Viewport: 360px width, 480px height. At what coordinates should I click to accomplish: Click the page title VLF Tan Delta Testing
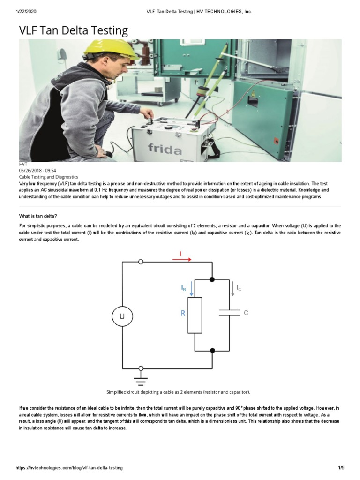pyautogui.click(x=73, y=31)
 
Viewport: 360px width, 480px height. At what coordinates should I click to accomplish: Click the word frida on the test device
pyautogui.click(x=165, y=149)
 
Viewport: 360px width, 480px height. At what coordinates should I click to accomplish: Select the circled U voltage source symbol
pyautogui.click(x=122, y=316)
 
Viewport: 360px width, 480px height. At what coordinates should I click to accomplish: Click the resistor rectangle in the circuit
pyautogui.click(x=195, y=315)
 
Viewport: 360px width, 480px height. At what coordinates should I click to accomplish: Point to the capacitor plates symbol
pyautogui.click(x=229, y=313)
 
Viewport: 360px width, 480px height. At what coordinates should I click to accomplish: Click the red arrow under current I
pyautogui.click(x=182, y=259)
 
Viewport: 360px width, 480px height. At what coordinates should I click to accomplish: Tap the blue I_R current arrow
pyautogui.click(x=191, y=290)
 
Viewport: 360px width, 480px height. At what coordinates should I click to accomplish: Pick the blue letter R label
pyautogui.click(x=183, y=313)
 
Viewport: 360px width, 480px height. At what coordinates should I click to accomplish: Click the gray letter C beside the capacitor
pyautogui.click(x=246, y=313)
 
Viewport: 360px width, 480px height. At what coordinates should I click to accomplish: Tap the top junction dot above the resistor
pyautogui.click(x=212, y=279)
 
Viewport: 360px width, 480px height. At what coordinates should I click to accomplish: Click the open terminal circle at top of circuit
pyautogui.click(x=141, y=262)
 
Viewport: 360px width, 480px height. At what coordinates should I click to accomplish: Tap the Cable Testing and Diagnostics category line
pyautogui.click(x=48, y=177)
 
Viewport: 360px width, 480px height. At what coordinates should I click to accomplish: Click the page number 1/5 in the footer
pyautogui.click(x=341, y=468)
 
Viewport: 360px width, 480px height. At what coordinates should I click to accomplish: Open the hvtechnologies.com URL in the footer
pyautogui.click(x=69, y=468)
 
